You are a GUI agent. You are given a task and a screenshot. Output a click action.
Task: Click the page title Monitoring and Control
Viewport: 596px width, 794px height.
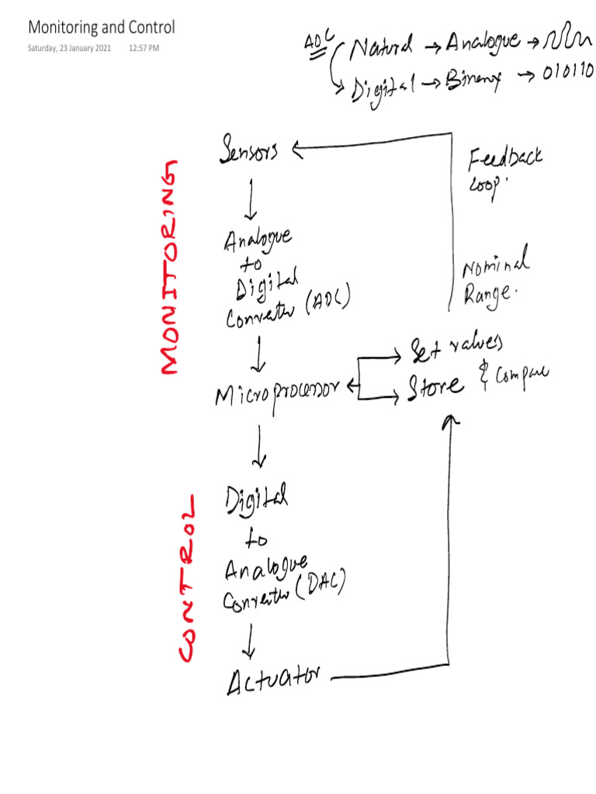tap(102, 28)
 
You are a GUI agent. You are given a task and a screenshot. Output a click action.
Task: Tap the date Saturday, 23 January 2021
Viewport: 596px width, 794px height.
tap(70, 49)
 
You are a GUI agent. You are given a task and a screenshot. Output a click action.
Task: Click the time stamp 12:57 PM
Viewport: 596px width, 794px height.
tap(144, 49)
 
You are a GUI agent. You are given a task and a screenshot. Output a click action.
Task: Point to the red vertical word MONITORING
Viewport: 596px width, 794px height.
tap(171, 268)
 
